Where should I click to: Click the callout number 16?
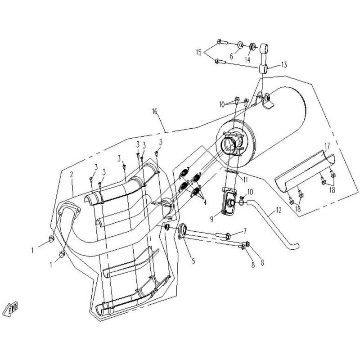click(x=154, y=112)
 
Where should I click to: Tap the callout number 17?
click(x=327, y=146)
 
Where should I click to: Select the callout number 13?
click(x=284, y=65)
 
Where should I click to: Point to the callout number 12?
click(x=279, y=210)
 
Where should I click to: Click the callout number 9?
click(x=211, y=219)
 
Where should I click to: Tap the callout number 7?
click(x=245, y=230)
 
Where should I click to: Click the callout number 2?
click(x=72, y=175)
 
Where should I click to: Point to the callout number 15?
click(x=199, y=53)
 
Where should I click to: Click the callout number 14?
click(x=247, y=60)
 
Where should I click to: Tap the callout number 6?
click(x=231, y=56)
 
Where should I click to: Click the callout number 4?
click(x=205, y=202)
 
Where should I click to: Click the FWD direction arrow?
click(x=11, y=309)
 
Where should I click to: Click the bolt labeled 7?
click(x=223, y=235)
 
